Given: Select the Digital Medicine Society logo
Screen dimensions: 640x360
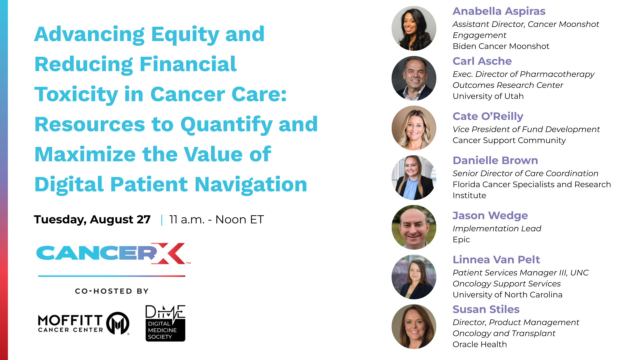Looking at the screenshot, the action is click(165, 323).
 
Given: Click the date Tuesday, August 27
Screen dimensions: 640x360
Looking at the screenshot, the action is click(92, 219).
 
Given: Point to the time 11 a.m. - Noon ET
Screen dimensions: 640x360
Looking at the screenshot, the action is click(217, 219).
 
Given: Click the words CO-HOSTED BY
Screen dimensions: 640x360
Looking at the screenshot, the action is click(112, 291).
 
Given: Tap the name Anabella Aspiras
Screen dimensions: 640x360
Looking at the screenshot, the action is click(499, 11).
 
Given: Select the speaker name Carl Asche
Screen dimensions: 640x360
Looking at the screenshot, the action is click(482, 61).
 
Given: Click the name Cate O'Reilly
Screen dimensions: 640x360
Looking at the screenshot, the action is click(488, 116).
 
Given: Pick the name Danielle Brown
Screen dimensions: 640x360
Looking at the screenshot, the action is click(495, 160).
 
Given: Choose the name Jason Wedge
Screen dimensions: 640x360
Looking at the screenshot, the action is click(490, 216).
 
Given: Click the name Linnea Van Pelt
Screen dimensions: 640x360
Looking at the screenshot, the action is click(496, 260).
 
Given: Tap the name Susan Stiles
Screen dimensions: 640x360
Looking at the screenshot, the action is click(486, 309).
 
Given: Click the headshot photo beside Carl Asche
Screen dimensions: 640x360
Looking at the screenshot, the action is click(414, 78).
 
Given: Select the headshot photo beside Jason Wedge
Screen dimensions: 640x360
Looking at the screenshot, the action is click(414, 227).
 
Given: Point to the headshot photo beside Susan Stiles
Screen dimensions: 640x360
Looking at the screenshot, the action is click(414, 327).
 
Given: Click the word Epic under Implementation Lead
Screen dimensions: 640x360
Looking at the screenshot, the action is click(461, 240).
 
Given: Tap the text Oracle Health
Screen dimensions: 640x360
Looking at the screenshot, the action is click(480, 344).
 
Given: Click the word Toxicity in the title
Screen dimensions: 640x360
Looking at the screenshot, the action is click(76, 94).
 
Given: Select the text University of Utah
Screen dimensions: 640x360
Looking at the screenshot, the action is click(488, 96).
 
